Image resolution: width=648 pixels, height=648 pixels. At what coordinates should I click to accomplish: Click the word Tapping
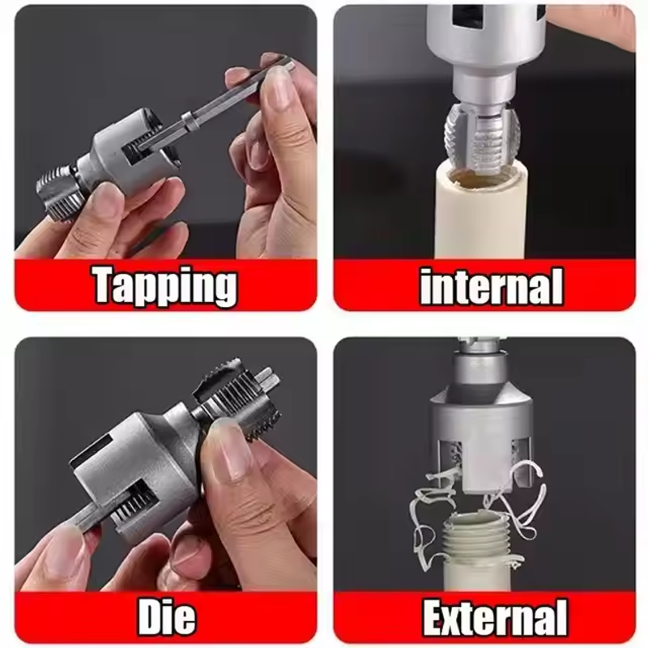click(165, 286)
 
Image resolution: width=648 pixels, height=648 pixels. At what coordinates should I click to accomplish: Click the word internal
click(492, 286)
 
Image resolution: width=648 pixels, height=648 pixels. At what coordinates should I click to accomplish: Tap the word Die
click(166, 617)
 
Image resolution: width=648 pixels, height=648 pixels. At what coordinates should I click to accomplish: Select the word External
click(495, 617)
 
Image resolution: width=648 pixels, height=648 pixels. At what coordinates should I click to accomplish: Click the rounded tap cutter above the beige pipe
click(481, 136)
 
